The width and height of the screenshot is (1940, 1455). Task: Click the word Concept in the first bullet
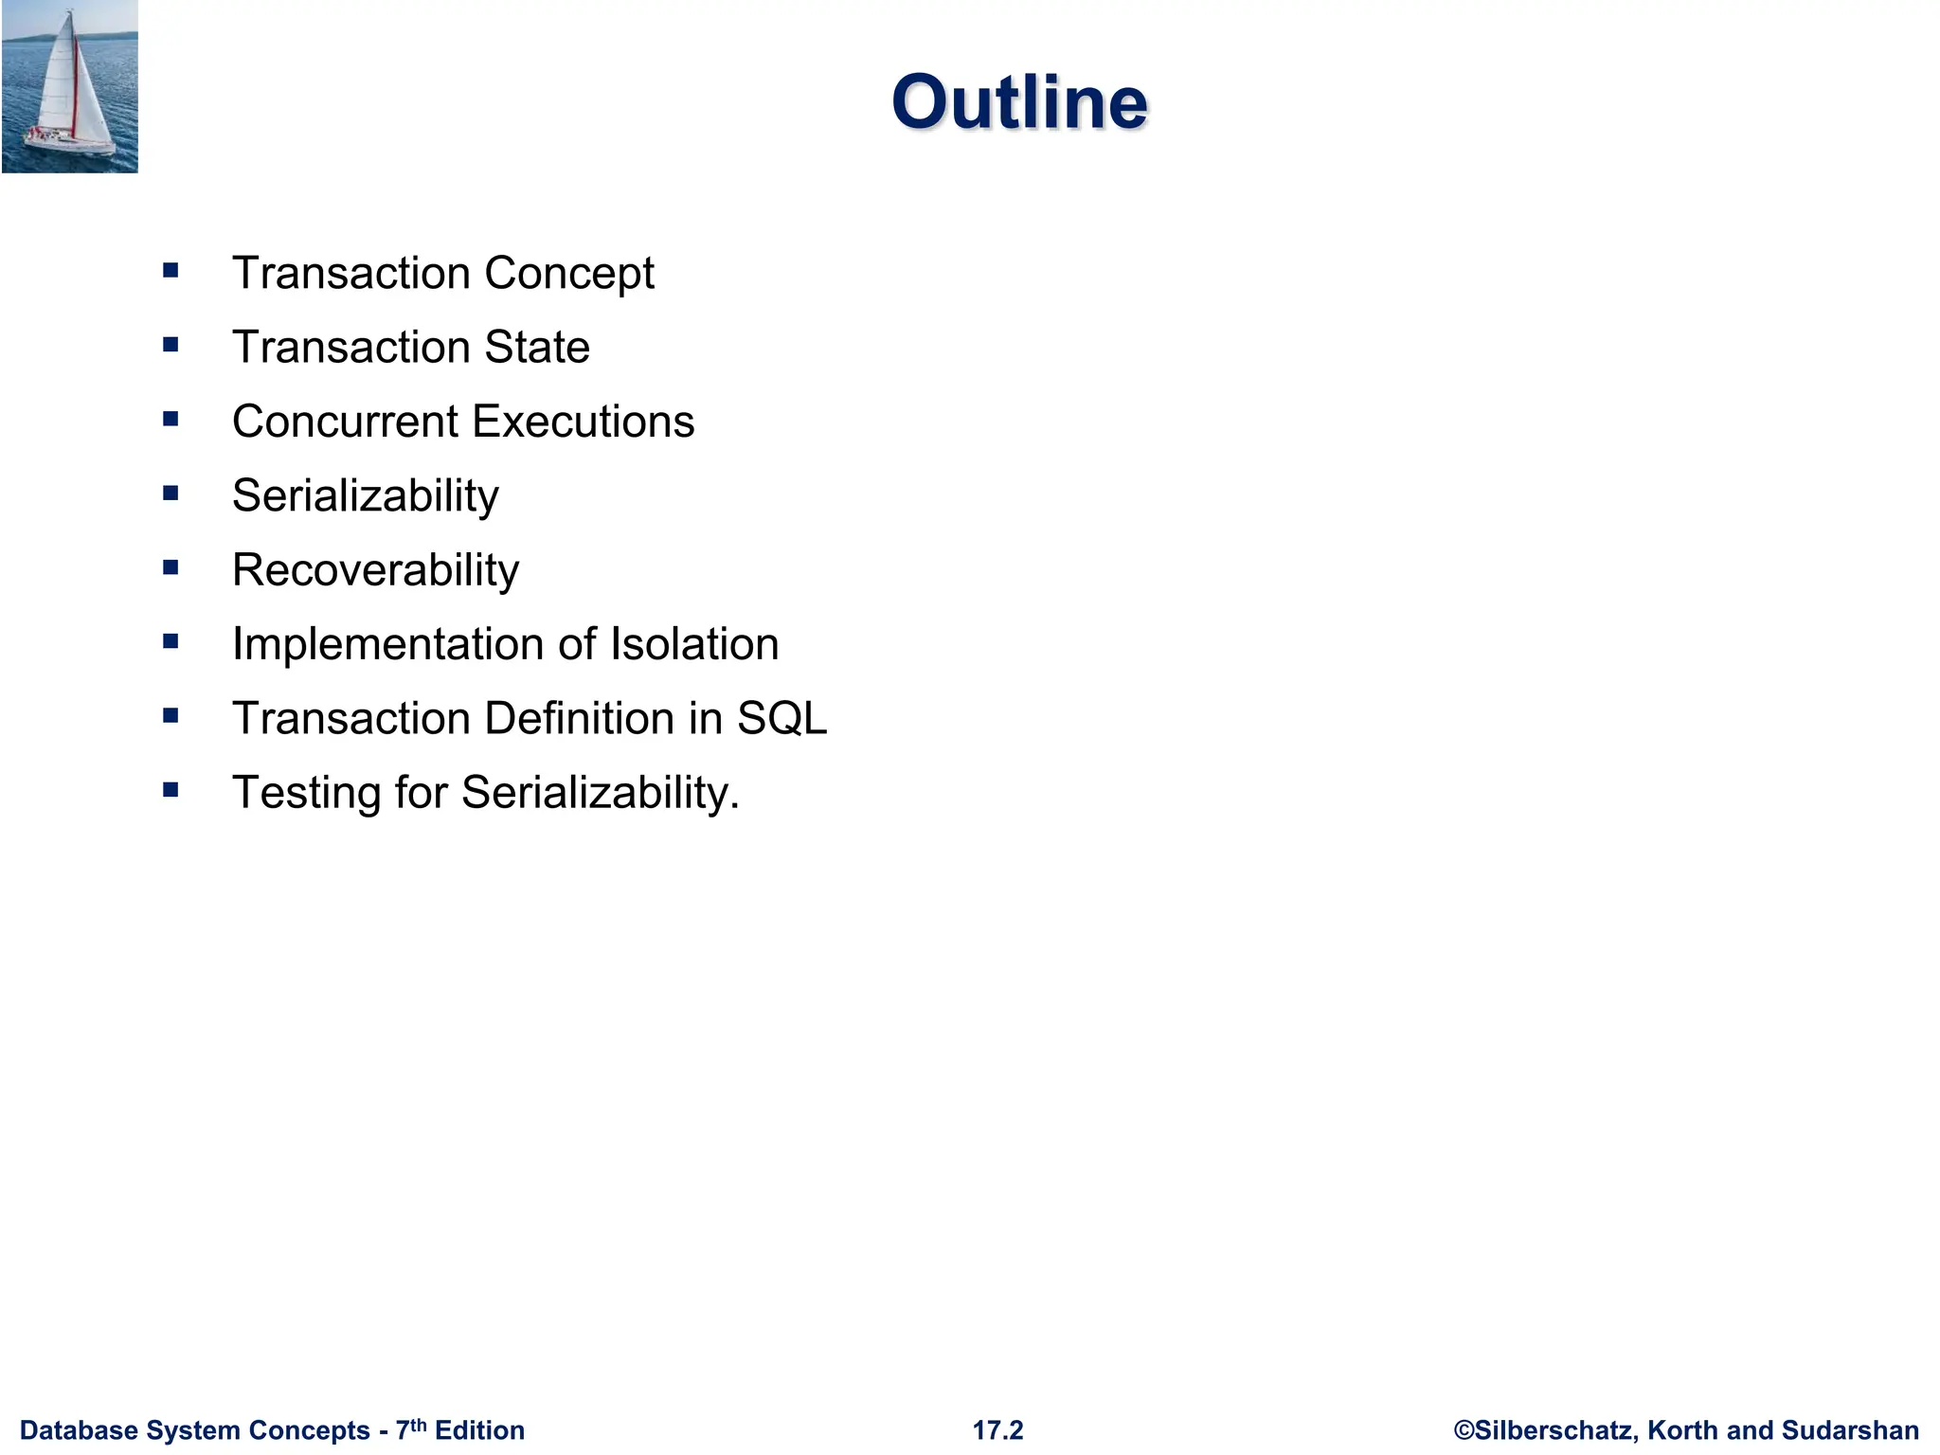coord(568,274)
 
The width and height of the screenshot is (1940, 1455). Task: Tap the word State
coord(536,347)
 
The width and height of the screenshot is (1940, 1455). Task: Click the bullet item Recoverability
coord(375,570)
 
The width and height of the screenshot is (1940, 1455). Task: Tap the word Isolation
coord(694,644)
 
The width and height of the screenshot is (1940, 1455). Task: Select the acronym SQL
coord(781,718)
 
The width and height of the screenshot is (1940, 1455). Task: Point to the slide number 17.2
coord(997,1429)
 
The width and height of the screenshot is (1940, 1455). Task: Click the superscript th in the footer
coord(418,1424)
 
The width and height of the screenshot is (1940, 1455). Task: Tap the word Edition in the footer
coord(479,1430)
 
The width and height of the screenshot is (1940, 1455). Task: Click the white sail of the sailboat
coord(57,81)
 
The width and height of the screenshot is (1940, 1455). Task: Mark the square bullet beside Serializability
coord(171,493)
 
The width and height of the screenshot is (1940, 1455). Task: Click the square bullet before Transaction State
coord(171,345)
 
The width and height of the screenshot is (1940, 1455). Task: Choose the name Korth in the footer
coord(1683,1430)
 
